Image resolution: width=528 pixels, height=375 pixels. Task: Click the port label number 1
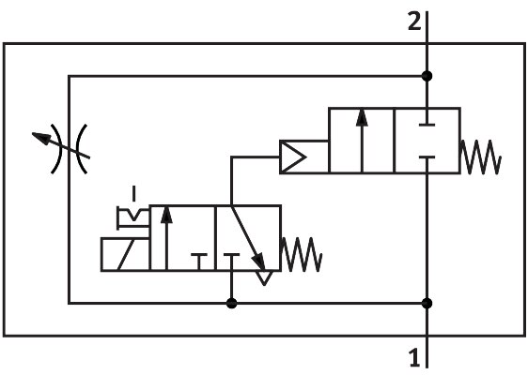(414, 356)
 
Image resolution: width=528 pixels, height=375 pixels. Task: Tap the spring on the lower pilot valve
(303, 254)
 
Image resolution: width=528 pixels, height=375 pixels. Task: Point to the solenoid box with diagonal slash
(125, 254)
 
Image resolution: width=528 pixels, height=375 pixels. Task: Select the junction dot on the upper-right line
(427, 76)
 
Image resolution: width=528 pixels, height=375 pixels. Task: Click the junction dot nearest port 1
(427, 303)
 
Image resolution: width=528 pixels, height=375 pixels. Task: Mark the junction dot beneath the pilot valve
(232, 303)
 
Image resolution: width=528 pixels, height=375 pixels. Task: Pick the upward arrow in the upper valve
(362, 141)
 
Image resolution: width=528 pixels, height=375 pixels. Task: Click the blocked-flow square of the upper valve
(427, 141)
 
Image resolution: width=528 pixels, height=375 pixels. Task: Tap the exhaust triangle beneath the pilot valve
(265, 277)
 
